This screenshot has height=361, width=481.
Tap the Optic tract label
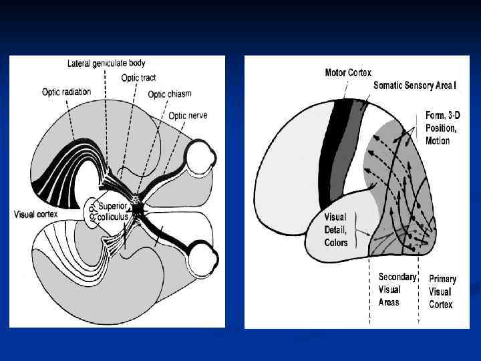(x=138, y=78)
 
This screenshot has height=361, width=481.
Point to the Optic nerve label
(x=187, y=116)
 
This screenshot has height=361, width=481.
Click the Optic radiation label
(x=66, y=92)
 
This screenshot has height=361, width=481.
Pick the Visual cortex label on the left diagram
(x=35, y=215)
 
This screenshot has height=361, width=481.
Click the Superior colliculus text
(x=114, y=211)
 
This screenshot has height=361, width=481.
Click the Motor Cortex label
(x=348, y=72)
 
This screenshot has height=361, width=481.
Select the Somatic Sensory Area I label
(x=414, y=86)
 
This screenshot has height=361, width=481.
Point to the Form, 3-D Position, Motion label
(x=442, y=128)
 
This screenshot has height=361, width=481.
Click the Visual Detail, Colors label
(x=336, y=230)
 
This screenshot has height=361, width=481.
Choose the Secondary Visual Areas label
(x=397, y=289)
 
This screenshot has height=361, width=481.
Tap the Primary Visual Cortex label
(x=442, y=292)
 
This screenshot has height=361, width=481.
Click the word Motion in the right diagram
(x=438, y=141)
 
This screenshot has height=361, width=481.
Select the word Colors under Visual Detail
(x=337, y=243)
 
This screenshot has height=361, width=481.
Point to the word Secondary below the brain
(x=397, y=277)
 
